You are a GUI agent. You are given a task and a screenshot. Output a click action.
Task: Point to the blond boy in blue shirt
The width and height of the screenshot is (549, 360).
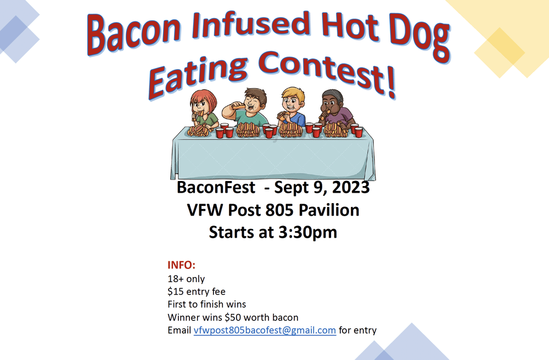pos(293,104)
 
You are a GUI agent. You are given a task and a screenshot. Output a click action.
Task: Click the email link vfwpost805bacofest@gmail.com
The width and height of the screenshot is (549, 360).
pos(265,330)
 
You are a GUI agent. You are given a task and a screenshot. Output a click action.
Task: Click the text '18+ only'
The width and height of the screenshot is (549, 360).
pos(186,279)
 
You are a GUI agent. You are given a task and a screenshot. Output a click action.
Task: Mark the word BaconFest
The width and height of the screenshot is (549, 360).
pos(216,188)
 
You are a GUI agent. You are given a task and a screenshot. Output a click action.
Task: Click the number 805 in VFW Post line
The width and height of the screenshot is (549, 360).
pos(277,210)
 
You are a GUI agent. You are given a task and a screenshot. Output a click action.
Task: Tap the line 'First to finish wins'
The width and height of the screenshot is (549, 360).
pos(206,304)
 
